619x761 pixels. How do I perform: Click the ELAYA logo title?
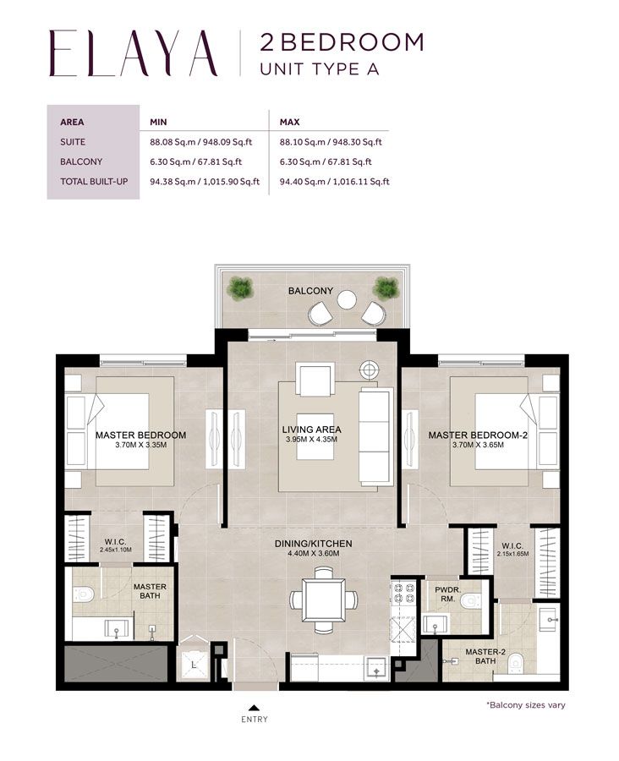click(x=133, y=53)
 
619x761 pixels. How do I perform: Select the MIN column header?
click(x=158, y=123)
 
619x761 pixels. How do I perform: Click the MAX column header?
click(x=290, y=123)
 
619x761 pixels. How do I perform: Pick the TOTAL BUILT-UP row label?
click(x=93, y=181)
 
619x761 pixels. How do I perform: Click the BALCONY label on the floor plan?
click(x=310, y=290)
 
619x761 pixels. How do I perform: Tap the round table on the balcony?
click(x=347, y=299)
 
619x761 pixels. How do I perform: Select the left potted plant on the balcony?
click(x=241, y=288)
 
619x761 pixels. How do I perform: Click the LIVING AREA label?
click(x=311, y=430)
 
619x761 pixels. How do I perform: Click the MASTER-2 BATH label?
click(x=467, y=655)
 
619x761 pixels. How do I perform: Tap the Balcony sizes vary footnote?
click(x=525, y=704)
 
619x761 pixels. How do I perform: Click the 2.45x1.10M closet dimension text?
click(x=116, y=550)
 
